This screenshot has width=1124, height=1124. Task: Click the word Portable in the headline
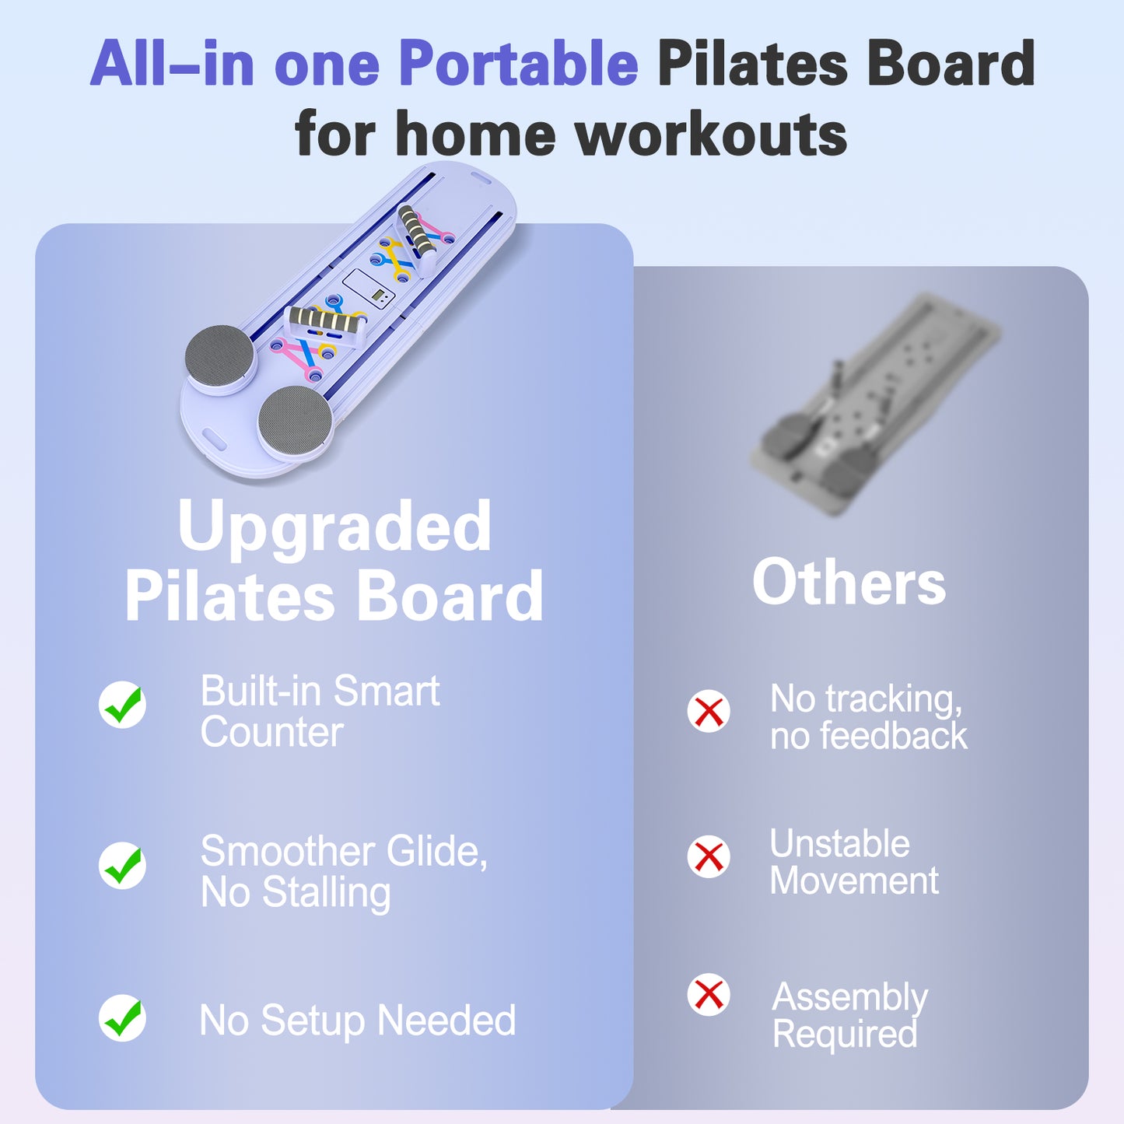click(518, 64)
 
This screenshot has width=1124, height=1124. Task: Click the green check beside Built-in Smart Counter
click(123, 705)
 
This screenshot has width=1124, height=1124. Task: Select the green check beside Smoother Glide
click(123, 865)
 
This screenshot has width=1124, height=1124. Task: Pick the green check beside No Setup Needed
click(123, 1018)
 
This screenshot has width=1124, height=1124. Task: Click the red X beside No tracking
click(709, 711)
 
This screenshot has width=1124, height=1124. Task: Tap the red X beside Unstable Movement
click(709, 856)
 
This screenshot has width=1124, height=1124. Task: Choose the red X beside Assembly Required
click(709, 994)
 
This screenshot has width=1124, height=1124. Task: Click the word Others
click(849, 583)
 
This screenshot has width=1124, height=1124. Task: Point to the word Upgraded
click(334, 527)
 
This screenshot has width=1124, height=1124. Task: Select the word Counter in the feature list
click(271, 733)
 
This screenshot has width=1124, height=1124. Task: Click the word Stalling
click(326, 893)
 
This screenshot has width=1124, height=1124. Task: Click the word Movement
click(854, 881)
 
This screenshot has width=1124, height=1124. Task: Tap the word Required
click(845, 1035)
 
